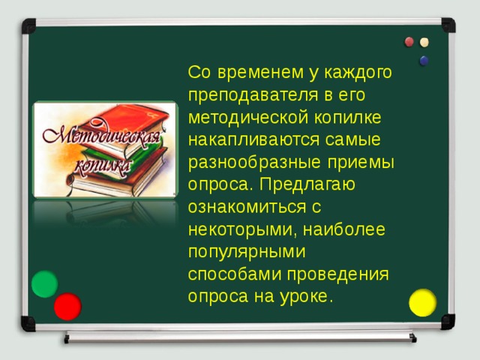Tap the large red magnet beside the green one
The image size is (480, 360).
pyautogui.click(x=67, y=307)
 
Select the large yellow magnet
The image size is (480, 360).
pyautogui.click(x=423, y=302)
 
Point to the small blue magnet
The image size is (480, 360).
pyautogui.click(x=424, y=60)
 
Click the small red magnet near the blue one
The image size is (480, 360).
pyautogui.click(x=409, y=42)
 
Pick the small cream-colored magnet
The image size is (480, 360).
pyautogui.click(x=425, y=42)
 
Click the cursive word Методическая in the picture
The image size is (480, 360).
pyautogui.click(x=99, y=137)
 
